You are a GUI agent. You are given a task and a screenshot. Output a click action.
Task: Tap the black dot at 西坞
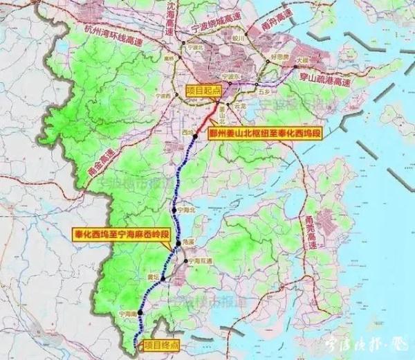pyautogui.click(x=195, y=137)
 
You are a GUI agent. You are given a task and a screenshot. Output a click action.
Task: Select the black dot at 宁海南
pyautogui.click(x=141, y=313)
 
